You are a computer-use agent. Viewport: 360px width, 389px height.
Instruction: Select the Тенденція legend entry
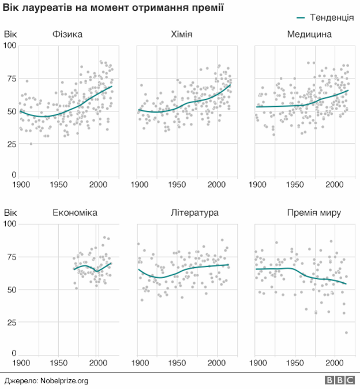click(x=324, y=18)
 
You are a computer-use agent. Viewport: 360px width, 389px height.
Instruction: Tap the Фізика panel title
click(x=67, y=35)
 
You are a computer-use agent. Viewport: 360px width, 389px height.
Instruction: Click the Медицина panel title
click(x=309, y=35)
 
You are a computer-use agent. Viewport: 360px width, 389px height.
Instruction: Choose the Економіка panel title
click(x=74, y=213)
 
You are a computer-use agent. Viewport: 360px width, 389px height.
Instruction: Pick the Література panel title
click(x=194, y=213)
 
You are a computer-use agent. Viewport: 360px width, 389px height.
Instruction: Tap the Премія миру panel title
click(x=314, y=213)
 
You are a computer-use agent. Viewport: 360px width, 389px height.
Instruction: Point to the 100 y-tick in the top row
click(x=10, y=46)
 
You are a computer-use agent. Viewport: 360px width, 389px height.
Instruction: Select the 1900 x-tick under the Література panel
click(x=139, y=363)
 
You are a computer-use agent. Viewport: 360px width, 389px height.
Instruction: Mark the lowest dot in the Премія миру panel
click(x=347, y=332)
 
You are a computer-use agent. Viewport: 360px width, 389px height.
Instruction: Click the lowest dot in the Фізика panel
click(x=31, y=144)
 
